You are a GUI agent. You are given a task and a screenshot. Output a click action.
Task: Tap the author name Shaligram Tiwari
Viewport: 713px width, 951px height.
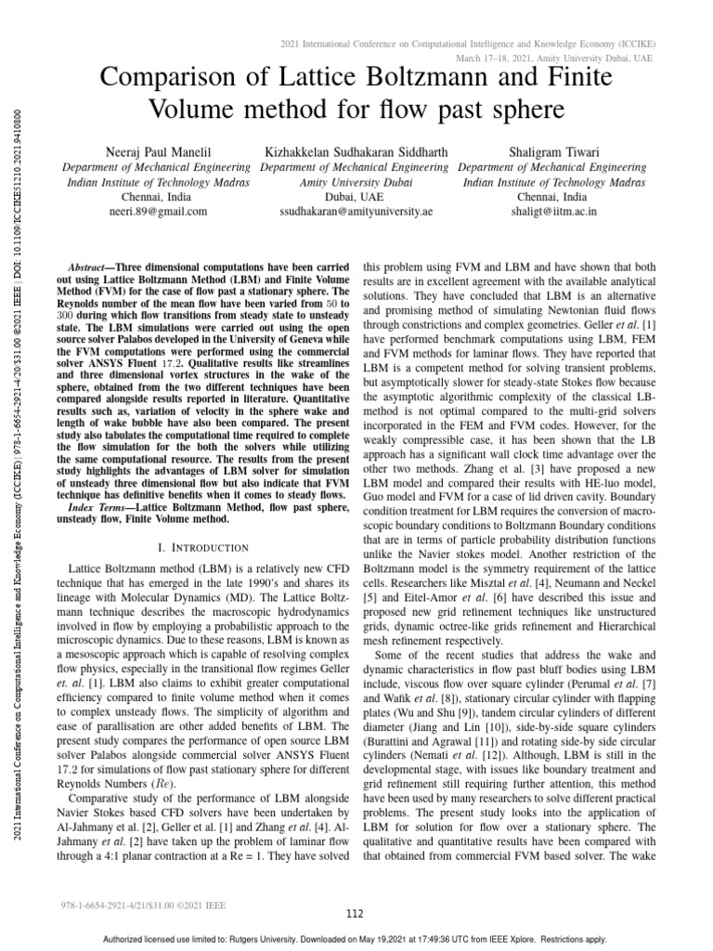pyautogui.click(x=551, y=151)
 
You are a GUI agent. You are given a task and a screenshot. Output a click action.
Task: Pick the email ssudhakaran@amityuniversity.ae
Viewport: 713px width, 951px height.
pyautogui.click(x=356, y=212)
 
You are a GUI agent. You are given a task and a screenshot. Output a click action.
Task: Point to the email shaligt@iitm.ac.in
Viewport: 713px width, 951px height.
pyautogui.click(x=551, y=212)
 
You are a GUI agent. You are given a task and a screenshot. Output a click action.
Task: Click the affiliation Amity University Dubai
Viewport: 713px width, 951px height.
pyautogui.click(x=356, y=183)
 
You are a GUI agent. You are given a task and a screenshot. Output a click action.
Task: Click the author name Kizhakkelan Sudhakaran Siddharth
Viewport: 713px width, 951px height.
pyautogui.click(x=356, y=151)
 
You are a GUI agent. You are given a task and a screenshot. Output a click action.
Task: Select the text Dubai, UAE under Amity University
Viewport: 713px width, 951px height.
pyautogui.click(x=356, y=198)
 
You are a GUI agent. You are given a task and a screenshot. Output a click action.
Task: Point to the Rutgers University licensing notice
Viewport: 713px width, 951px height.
pyautogui.click(x=356, y=939)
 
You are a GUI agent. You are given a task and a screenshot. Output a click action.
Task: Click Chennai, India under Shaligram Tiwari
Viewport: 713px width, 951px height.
pyautogui.click(x=551, y=198)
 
